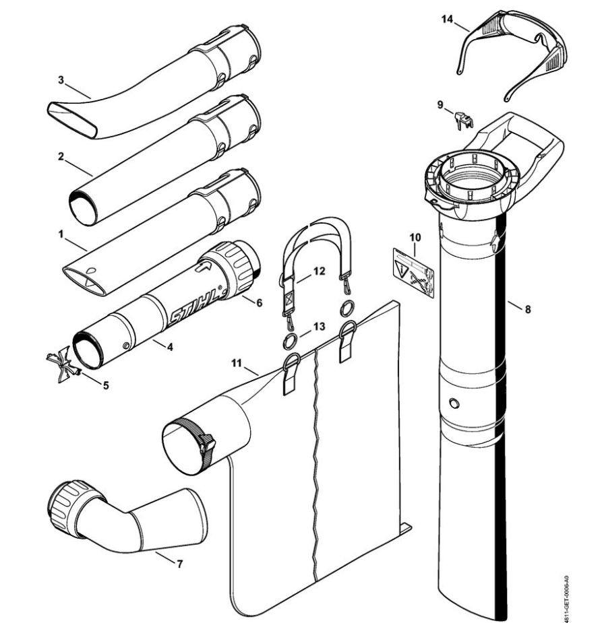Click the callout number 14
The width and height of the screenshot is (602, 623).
tap(448, 20)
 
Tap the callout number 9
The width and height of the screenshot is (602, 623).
tap(440, 104)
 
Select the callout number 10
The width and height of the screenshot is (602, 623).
tap(415, 237)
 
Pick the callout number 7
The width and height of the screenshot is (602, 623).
tap(179, 564)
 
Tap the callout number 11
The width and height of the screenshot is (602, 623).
tap(236, 364)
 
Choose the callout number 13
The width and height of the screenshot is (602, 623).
tap(318, 325)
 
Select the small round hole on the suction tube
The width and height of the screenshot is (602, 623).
tap(453, 402)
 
